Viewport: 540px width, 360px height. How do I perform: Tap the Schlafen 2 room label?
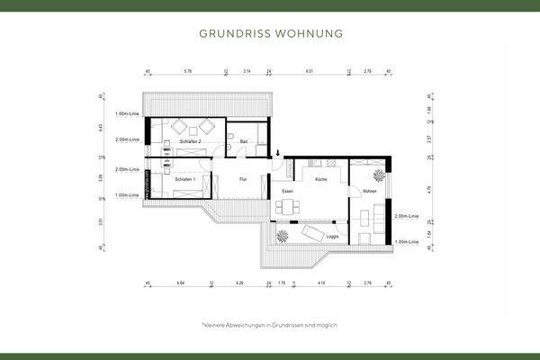coord(190,142)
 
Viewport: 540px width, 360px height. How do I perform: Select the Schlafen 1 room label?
coord(185,180)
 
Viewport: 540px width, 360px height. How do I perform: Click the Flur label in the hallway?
coord(243,180)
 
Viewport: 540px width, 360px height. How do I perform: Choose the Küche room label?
coord(321,180)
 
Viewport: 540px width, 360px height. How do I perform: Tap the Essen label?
coord(287,192)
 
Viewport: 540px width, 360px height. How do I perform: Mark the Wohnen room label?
coord(369,192)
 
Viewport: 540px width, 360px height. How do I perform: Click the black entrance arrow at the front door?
coord(278,152)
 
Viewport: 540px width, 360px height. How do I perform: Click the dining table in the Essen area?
coord(289,209)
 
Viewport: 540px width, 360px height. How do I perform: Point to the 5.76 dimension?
coord(187,69)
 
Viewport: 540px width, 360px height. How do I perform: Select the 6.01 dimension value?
coord(309,69)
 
